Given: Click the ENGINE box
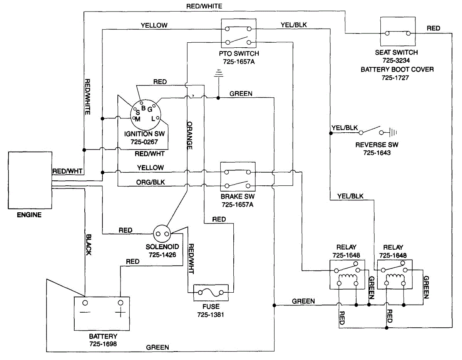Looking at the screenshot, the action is tap(30, 180).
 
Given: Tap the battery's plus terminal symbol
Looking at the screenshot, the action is tap(120, 312).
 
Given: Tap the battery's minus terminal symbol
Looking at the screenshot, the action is tap(85, 312).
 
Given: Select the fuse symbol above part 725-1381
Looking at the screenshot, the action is tap(211, 293).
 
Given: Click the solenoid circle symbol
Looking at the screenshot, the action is tap(162, 234).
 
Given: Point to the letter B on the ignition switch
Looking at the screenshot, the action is tap(143, 108).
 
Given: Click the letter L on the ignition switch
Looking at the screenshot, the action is tap(153, 119).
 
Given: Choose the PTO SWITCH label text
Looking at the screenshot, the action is tap(239, 53).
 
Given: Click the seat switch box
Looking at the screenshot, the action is tap(398, 32).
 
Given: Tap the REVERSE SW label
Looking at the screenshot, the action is tap(377, 145).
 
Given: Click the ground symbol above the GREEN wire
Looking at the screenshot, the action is tap(218, 73).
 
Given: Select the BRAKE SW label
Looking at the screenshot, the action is tap(238, 197).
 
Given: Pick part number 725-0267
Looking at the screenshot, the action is tap(144, 142).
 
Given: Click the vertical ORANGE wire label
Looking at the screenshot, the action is tap(189, 135).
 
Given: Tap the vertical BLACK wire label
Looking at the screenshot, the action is tap(89, 245).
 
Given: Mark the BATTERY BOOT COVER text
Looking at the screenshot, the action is tap(397, 70).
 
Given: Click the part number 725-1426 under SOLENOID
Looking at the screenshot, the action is tap(162, 255).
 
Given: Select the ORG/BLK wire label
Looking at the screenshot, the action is tap(150, 182).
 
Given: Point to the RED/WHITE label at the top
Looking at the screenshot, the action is tap(204, 6).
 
